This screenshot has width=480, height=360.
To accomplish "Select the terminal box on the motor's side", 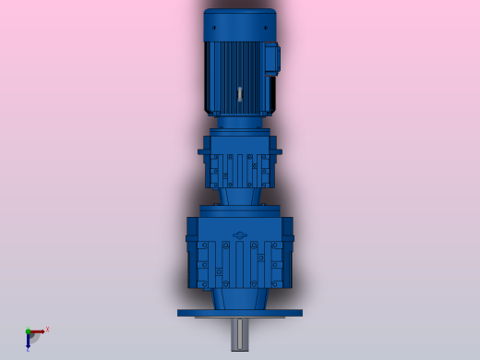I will tap(270, 59).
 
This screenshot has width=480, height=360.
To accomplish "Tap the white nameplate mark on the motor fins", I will tap(240, 93).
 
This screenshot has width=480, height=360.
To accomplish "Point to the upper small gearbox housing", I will tap(240, 162).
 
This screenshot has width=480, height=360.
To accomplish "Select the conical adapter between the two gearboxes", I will tap(240, 198).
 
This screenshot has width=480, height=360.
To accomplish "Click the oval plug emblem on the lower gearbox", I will tap(240, 235).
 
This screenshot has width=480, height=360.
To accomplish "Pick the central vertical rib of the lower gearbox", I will tap(240, 263).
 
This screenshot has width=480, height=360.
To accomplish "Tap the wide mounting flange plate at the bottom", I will tap(240, 313).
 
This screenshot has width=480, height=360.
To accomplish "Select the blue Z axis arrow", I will tap(29, 339).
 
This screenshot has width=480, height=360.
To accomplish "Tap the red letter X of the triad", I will tap(47, 329).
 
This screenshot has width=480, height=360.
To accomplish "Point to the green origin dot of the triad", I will tap(28, 330).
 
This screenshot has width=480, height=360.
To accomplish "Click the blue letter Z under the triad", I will tap(28, 349).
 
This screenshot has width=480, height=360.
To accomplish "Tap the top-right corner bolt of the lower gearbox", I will tap(277, 246).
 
